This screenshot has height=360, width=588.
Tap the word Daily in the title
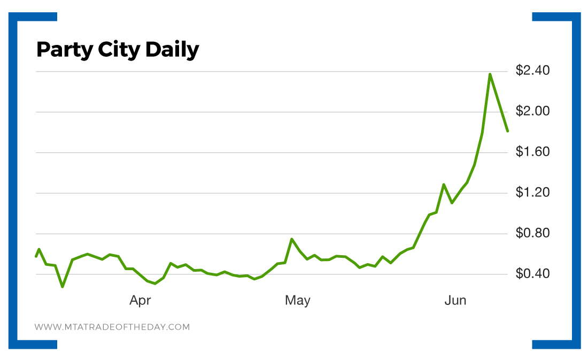172,50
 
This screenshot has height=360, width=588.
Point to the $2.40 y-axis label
533,71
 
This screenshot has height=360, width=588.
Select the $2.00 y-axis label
533,111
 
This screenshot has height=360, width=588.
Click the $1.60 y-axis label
533,152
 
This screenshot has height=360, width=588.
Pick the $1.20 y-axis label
533,193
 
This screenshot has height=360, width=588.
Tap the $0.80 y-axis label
533,233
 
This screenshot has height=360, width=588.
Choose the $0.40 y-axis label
533,274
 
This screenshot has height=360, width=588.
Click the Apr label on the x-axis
140,301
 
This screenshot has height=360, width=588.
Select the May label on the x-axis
297,301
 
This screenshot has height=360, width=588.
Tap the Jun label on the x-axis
455,301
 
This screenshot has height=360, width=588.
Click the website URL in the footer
112,327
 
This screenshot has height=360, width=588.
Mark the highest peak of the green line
490,74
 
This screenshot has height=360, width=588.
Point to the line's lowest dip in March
63,287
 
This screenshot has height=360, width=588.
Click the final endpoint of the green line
507,131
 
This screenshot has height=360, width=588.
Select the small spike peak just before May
291,239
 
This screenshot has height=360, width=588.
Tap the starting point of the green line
36,257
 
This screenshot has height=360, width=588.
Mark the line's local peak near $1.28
444,184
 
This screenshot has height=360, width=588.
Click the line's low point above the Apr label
155,284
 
